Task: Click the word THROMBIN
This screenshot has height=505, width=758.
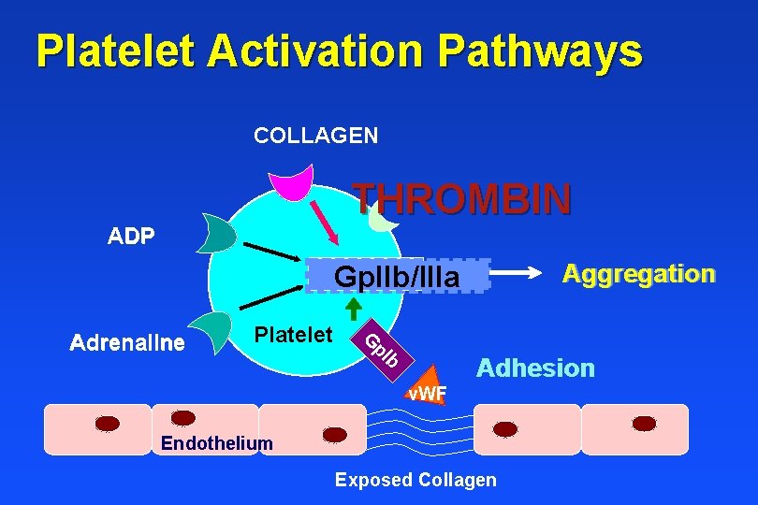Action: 461,199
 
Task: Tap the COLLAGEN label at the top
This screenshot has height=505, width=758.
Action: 315,136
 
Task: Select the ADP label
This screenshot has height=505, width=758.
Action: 131,236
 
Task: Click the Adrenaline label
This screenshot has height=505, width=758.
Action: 127,343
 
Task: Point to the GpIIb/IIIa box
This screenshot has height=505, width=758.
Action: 398,277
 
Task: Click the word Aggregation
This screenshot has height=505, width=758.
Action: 638,274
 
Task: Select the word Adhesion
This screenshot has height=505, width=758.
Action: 535,368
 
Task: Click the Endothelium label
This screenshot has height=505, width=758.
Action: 217,442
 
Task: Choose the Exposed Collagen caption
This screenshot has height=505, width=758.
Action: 415,480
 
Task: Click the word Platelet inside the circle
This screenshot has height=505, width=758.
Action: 294,334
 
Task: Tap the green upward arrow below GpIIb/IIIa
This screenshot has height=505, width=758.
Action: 354,310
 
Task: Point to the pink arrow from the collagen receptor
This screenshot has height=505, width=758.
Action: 324,223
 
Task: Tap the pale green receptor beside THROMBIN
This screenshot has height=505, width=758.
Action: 382,218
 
